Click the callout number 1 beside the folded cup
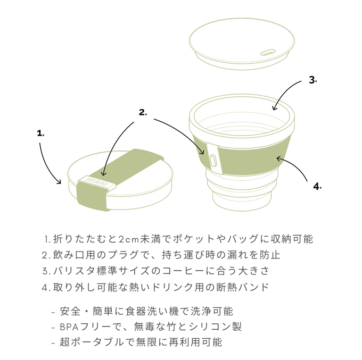40,133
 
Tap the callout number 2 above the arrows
143,112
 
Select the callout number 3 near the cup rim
313,80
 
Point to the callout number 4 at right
317,186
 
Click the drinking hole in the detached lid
268,52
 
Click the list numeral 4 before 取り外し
46,287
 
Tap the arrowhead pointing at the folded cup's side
59,182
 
